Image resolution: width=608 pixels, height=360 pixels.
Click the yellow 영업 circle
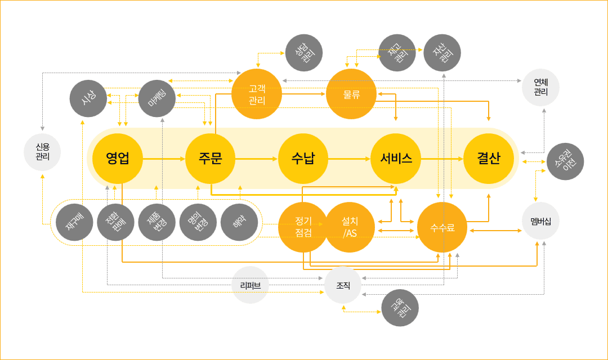(118, 159)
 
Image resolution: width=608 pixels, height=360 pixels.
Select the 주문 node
(210, 159)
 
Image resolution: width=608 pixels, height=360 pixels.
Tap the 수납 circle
(303, 159)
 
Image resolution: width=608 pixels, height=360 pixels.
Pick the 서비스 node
(396, 159)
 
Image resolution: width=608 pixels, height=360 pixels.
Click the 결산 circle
(489, 159)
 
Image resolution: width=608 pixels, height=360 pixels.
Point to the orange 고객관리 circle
(257, 94)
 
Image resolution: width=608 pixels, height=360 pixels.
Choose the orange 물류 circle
(351, 94)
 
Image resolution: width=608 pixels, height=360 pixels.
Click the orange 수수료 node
(442, 227)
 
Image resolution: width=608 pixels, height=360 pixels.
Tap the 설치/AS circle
(350, 227)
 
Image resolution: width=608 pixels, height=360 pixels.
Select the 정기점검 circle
(303, 227)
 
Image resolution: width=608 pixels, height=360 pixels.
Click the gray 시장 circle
(88, 98)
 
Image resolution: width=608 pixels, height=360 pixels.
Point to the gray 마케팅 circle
(157, 98)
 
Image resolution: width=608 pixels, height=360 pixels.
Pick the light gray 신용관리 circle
(42, 152)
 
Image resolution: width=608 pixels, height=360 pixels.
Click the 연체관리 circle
(540, 88)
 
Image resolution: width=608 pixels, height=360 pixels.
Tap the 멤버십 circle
(540, 222)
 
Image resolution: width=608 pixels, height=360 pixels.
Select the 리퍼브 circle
(251, 285)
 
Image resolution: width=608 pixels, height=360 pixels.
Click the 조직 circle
(343, 285)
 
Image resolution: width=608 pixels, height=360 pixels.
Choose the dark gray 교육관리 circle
(400, 308)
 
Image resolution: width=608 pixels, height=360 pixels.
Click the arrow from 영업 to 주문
(164, 159)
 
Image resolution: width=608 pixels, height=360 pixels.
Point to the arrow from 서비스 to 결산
(442, 159)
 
